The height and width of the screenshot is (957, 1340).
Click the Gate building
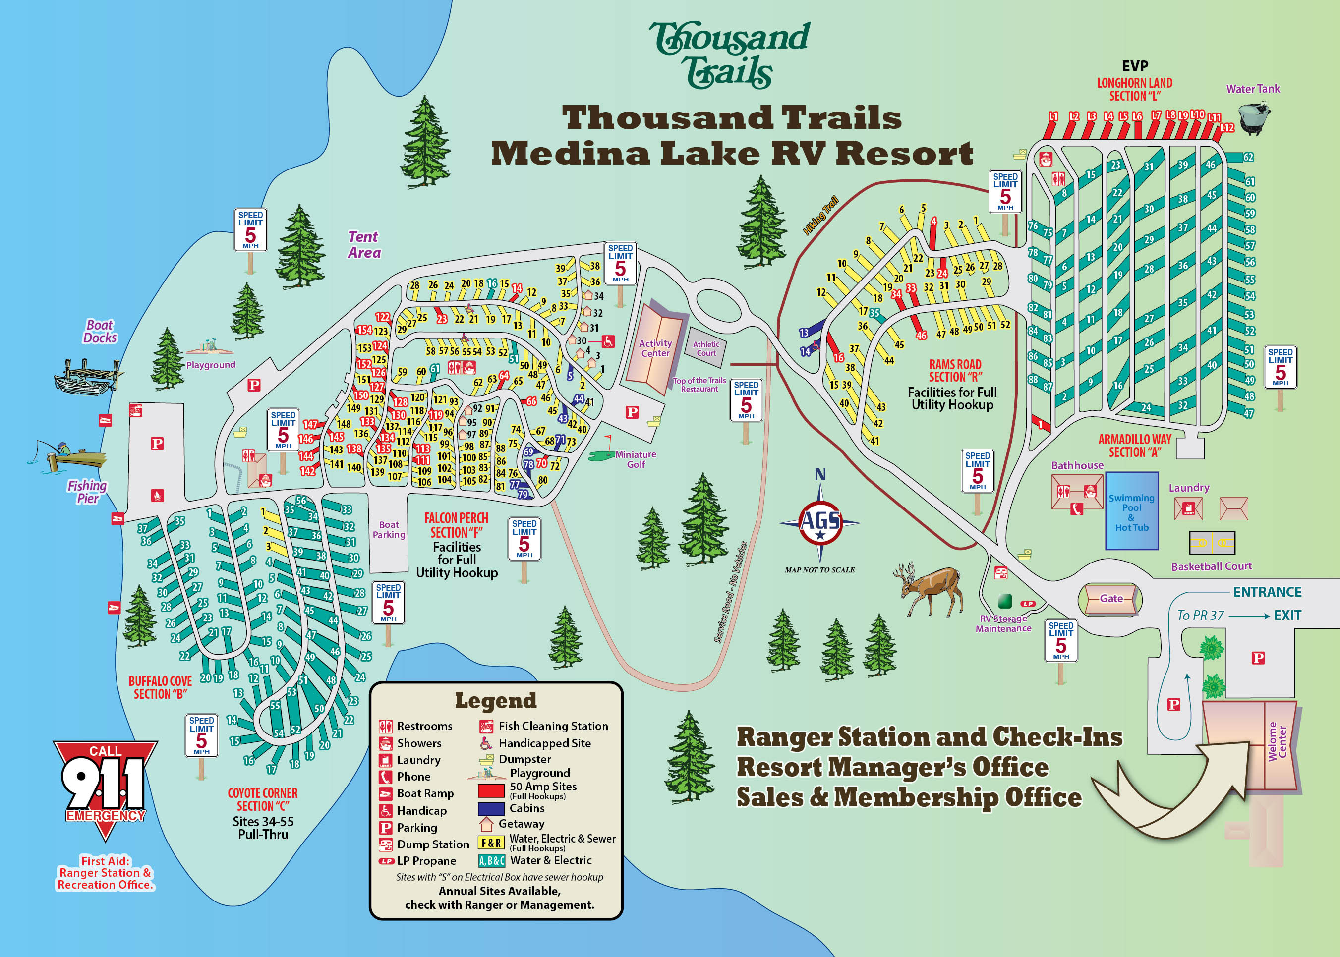[x=1110, y=599]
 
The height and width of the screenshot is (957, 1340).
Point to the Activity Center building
[x=655, y=348]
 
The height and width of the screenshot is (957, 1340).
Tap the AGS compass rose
[x=820, y=521]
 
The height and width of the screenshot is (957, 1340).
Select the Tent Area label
[x=364, y=244]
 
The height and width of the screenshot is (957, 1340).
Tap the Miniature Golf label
[x=635, y=459]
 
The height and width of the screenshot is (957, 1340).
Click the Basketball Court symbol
[x=1212, y=543]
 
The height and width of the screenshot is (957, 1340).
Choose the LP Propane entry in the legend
[x=426, y=861]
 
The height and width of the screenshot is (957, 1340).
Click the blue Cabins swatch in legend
[x=490, y=808]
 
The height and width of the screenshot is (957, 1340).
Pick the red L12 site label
[x=1227, y=127]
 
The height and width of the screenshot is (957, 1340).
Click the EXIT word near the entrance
[x=1287, y=615]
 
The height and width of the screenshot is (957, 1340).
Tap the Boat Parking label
[x=389, y=530]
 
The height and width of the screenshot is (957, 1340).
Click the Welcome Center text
[x=1277, y=741]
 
